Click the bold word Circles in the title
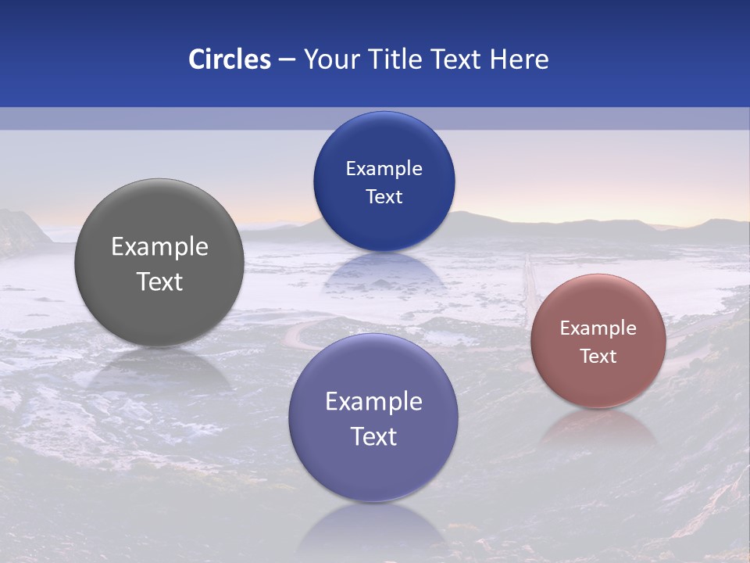click(230, 59)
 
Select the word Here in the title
click(519, 59)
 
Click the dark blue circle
click(384, 181)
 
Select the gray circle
click(159, 263)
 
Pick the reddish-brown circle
click(598, 341)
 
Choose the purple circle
click(373, 418)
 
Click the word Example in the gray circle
click(159, 247)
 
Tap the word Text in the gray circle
click(159, 281)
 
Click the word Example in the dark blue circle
click(384, 169)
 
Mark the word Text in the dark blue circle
click(384, 197)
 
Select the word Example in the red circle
click(598, 328)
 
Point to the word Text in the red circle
click(598, 357)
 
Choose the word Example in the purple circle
click(373, 402)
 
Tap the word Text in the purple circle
click(373, 436)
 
